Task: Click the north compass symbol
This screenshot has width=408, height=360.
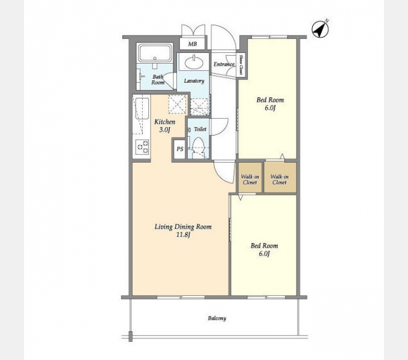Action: tap(320, 29)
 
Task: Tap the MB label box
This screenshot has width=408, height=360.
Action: tap(193, 44)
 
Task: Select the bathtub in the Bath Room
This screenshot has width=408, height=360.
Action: tap(155, 53)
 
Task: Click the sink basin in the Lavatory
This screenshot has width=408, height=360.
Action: tap(194, 62)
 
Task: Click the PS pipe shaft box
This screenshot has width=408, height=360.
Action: tap(179, 149)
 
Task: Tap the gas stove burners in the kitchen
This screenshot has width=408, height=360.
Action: tap(143, 147)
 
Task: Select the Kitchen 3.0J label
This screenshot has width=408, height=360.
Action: tap(165, 125)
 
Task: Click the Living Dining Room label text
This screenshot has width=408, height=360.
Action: tap(183, 227)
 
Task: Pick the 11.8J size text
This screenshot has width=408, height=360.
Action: tap(184, 235)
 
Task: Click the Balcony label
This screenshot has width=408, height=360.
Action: tap(217, 318)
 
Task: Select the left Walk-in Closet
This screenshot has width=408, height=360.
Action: tap(250, 178)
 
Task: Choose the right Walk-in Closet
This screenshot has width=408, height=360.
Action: tap(280, 178)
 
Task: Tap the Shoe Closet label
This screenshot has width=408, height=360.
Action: tap(241, 64)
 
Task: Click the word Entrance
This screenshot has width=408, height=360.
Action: tap(224, 64)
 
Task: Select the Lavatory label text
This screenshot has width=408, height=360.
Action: tap(194, 81)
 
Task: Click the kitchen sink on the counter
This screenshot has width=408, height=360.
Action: tap(142, 109)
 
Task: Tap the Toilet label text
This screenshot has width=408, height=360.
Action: tap(200, 129)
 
